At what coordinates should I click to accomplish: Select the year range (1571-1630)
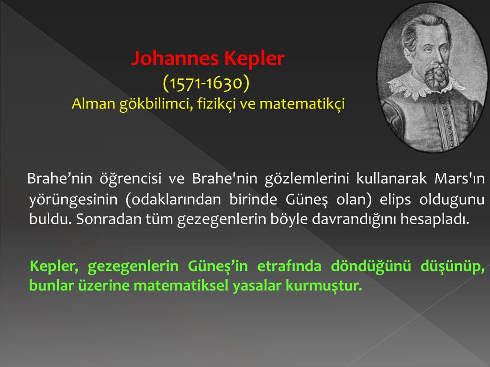pyautogui.click(x=206, y=83)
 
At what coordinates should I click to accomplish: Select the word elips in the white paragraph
pyautogui.click(x=395, y=200)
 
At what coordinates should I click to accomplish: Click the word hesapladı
pyautogui.click(x=435, y=219)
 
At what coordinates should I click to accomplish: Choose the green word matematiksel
pyautogui.click(x=181, y=286)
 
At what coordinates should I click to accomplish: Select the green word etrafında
pyautogui.click(x=289, y=266)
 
